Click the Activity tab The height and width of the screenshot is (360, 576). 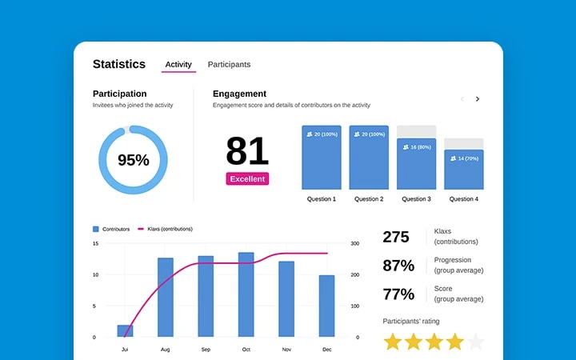(x=178, y=64)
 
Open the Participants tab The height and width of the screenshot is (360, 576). (x=229, y=64)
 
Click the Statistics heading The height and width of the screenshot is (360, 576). (x=119, y=64)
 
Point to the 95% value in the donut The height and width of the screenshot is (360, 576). (x=134, y=160)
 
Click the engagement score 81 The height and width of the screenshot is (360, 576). (x=247, y=151)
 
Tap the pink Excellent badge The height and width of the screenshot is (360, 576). (x=247, y=179)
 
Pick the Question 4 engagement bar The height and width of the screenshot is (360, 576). (x=464, y=170)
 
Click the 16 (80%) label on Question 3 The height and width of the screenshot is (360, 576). (x=416, y=147)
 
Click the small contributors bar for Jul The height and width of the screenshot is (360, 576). (x=125, y=330)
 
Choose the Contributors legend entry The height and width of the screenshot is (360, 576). (x=111, y=229)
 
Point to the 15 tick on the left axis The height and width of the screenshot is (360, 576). (x=95, y=243)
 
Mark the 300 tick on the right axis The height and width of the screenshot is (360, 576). (x=357, y=243)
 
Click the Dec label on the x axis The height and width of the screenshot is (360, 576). (x=326, y=350)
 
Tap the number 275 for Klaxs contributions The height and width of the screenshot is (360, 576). (x=396, y=237)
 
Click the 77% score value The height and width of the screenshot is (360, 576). (x=398, y=294)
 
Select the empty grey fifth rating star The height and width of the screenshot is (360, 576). (x=475, y=342)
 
